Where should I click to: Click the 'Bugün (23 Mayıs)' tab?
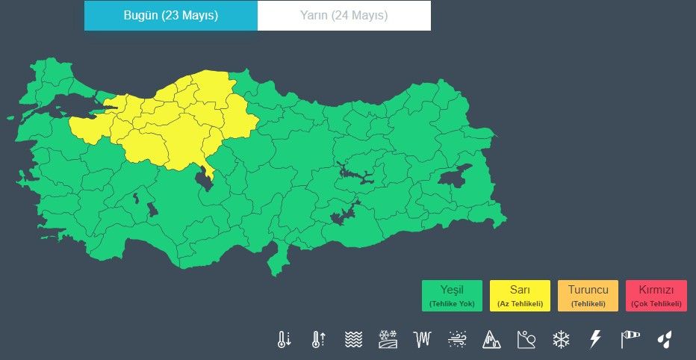(x=171, y=16)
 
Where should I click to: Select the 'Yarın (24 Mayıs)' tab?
(x=344, y=16)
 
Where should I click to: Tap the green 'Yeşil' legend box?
(x=452, y=296)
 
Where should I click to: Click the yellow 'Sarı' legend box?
(x=520, y=296)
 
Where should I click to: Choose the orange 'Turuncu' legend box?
(x=588, y=296)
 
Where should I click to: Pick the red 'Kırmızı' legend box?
(x=656, y=296)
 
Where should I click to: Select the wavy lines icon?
(x=353, y=340)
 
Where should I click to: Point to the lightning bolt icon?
(x=595, y=340)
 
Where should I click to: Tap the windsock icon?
(x=630, y=340)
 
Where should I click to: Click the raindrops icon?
(x=664, y=340)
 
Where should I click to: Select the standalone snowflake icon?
(x=561, y=340)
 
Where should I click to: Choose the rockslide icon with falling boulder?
(x=526, y=340)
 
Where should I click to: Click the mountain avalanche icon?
(x=491, y=340)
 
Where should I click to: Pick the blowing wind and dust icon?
(x=457, y=340)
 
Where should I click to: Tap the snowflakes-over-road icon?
(x=388, y=340)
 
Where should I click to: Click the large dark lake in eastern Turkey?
(x=453, y=177)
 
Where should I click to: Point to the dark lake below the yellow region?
(x=202, y=179)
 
